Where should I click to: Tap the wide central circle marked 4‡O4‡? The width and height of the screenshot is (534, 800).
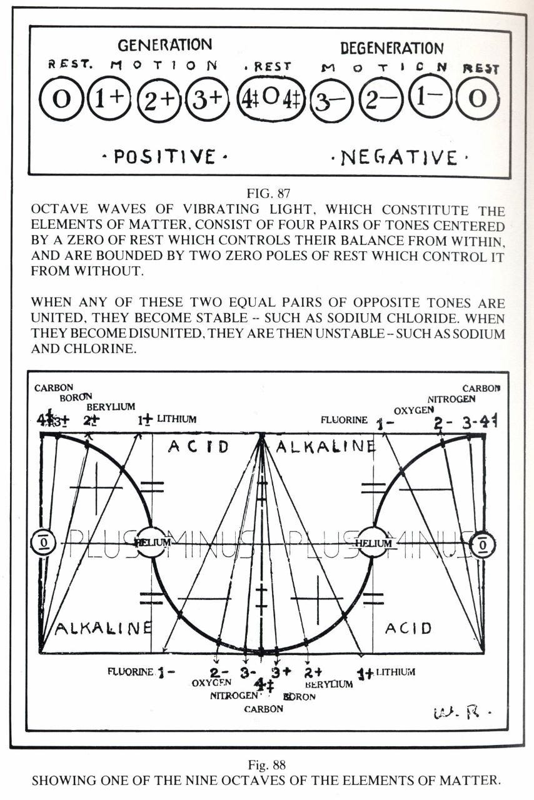click(271, 99)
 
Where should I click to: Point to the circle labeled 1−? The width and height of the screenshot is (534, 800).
click(429, 99)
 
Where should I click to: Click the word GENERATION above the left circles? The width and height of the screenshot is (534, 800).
click(165, 46)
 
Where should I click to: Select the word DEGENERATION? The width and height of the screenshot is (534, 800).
click(392, 48)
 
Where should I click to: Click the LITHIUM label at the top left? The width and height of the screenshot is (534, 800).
click(176, 419)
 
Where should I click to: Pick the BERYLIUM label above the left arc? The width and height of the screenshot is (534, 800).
click(111, 407)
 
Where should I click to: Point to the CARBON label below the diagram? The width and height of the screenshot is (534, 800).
click(263, 709)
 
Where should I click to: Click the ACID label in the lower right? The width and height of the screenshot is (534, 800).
click(408, 627)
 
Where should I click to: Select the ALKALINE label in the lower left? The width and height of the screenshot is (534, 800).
click(103, 627)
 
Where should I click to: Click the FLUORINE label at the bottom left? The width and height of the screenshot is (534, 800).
click(130, 672)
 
